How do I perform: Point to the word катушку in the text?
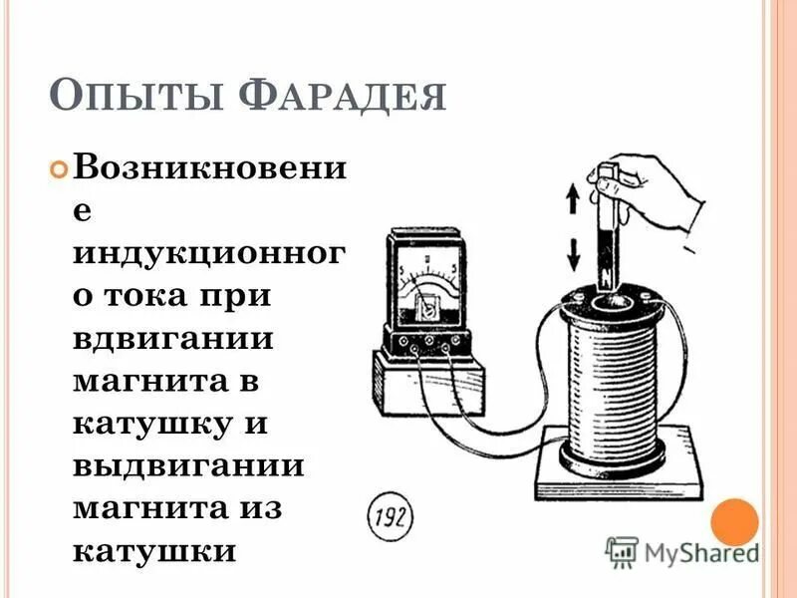tap(150, 423)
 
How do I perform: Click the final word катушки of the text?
tap(155, 551)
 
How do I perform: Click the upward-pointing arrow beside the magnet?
tap(573, 199)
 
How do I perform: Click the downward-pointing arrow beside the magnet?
tap(573, 255)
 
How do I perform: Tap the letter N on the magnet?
tap(606, 269)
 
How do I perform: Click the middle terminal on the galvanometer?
tap(427, 340)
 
